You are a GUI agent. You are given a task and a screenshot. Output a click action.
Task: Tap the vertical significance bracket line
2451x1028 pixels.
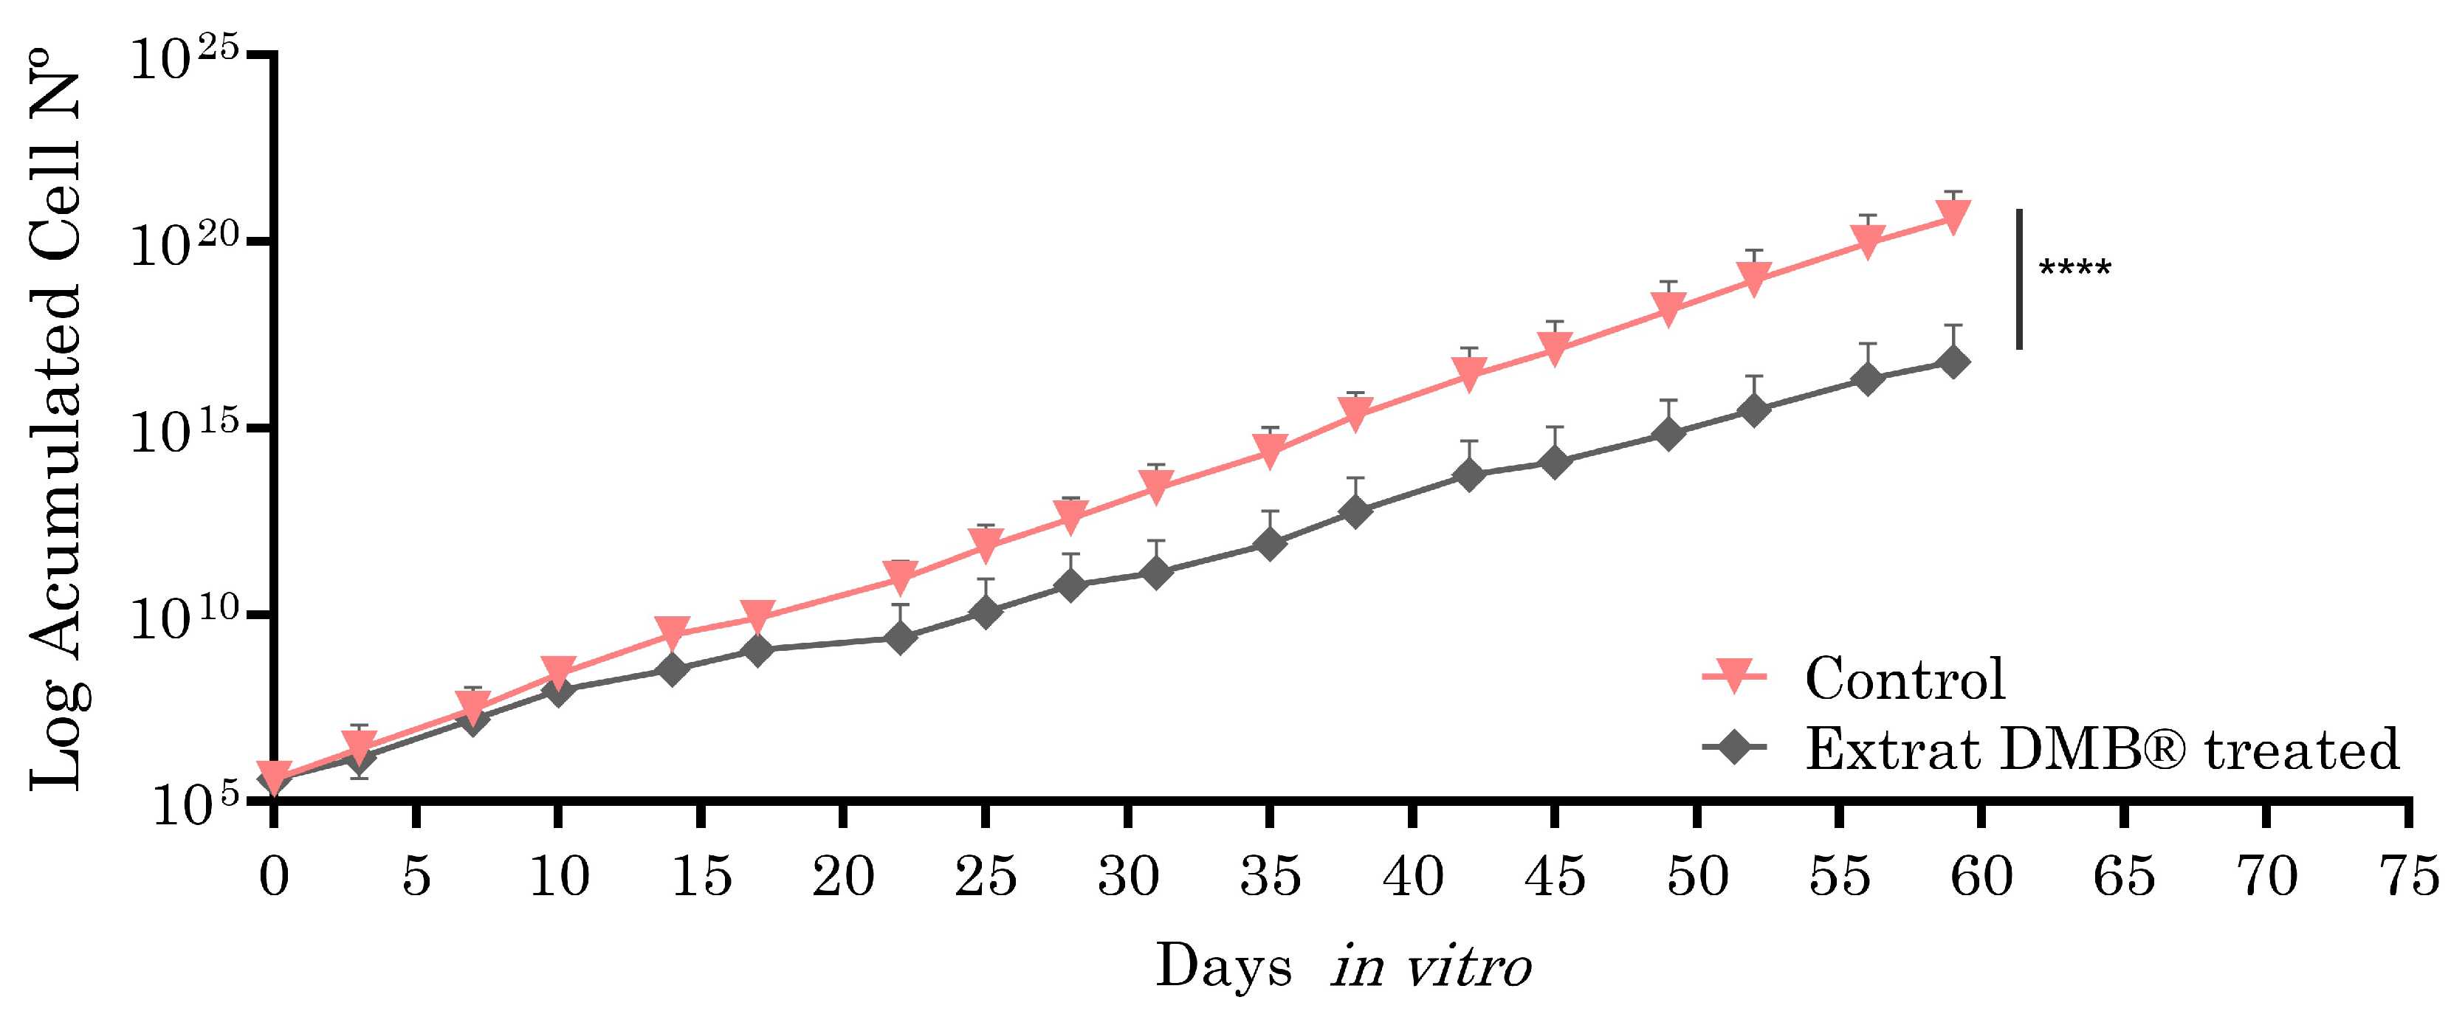tap(2019, 279)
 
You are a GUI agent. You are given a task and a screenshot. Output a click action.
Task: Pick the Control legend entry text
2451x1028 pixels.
tap(1905, 679)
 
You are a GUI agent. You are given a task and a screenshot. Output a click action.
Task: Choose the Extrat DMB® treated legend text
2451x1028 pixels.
tap(2102, 749)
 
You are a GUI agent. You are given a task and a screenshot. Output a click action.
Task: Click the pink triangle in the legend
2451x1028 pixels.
tap(1735, 676)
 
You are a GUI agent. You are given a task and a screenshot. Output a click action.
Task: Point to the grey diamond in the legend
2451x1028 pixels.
tap(1735, 748)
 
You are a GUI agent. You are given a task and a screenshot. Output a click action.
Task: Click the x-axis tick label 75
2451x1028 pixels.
tap(2408, 876)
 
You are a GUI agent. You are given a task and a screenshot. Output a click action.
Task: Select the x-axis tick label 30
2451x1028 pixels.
tap(1127, 876)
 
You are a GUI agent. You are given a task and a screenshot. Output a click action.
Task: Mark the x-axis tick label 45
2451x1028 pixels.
tap(1555, 876)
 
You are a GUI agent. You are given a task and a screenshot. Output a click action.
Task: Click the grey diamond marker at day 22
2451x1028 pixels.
tap(900, 636)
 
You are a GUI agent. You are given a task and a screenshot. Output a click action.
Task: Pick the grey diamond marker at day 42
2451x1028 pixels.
tap(1469, 474)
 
